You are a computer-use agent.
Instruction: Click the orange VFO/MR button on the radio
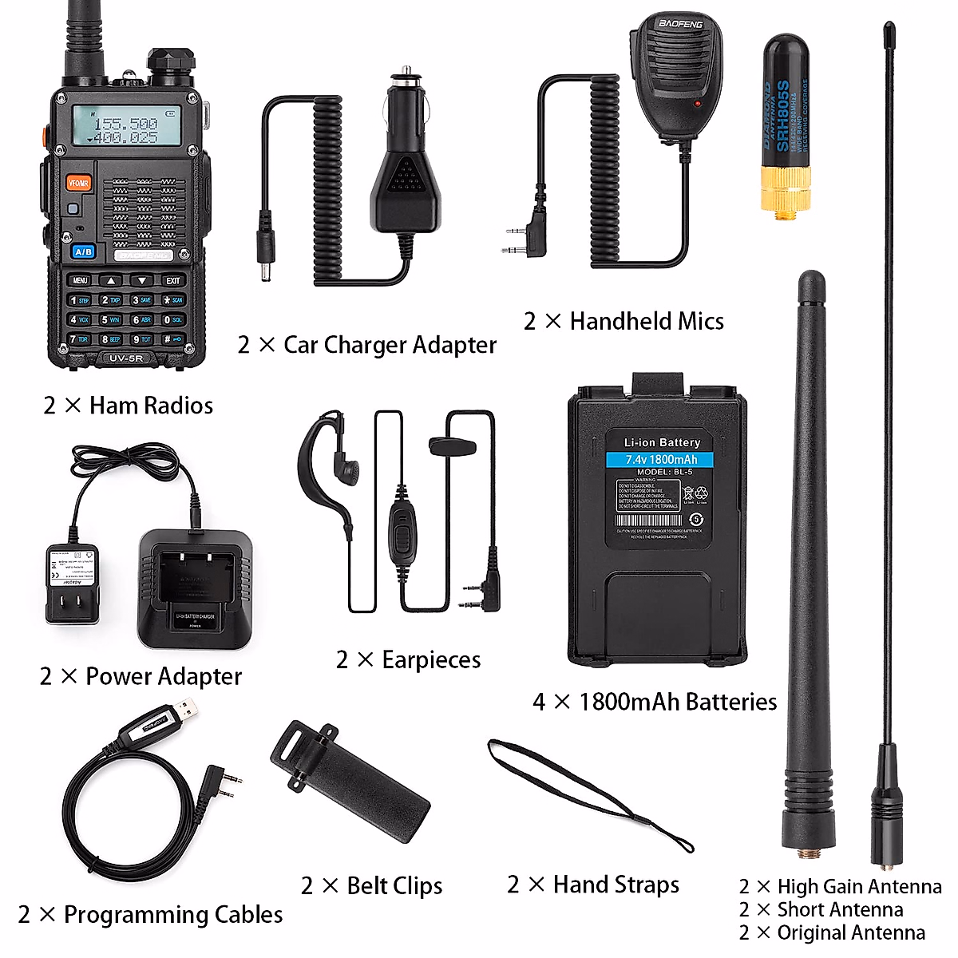78,183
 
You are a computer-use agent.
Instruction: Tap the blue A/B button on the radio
83,251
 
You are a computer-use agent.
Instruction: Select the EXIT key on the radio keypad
173,280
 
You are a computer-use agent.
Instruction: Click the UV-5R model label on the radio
126,358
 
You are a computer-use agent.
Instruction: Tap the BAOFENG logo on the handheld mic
679,25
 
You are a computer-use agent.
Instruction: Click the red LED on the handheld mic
696,104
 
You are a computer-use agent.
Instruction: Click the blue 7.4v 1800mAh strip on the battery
661,459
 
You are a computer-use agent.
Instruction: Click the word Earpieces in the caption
431,660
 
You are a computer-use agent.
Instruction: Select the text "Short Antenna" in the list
840,909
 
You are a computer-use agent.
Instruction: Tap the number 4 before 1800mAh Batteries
540,702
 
